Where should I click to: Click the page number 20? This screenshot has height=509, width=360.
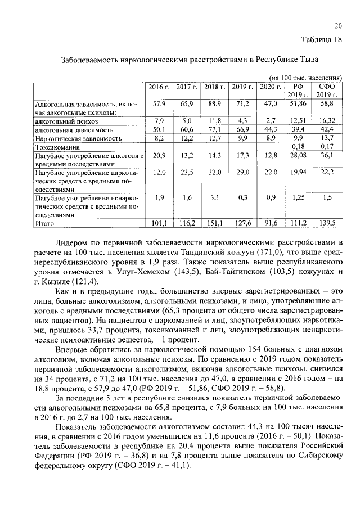(338, 26)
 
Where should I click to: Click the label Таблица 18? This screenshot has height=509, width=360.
(322, 39)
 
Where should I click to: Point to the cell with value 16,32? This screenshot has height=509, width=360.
(327, 120)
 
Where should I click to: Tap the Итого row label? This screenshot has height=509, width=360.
(44, 223)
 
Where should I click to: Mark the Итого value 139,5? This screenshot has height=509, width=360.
(327, 223)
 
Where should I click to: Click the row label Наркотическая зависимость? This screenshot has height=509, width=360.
(78, 138)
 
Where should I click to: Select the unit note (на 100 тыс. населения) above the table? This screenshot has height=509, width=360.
(306, 77)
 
